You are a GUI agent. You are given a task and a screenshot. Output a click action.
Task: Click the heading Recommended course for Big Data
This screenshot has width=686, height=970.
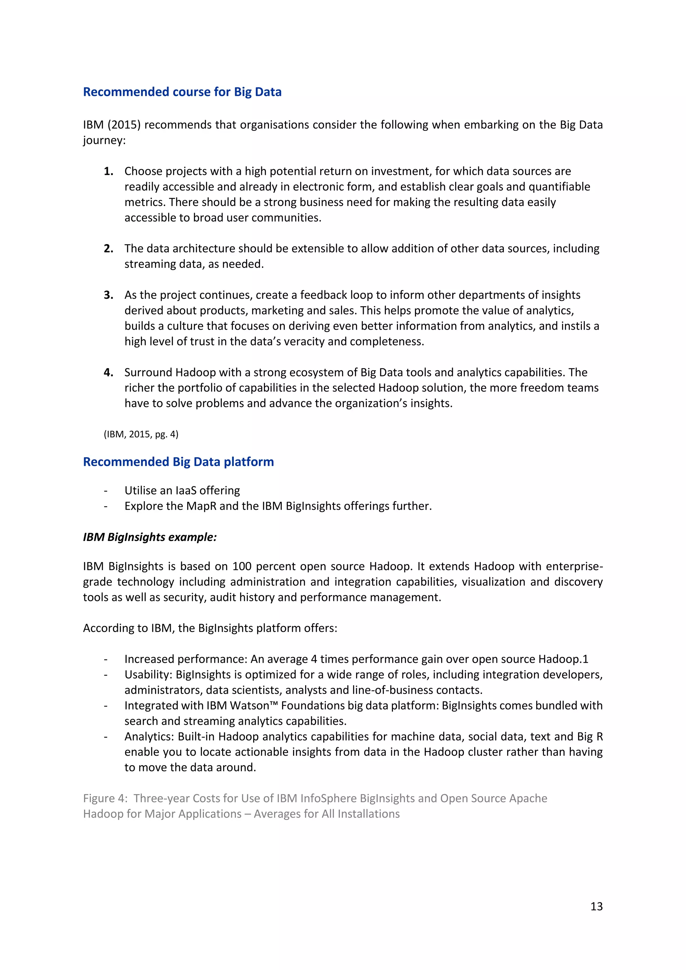182,92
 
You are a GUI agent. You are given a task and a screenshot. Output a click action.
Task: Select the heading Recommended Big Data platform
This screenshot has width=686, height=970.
178,462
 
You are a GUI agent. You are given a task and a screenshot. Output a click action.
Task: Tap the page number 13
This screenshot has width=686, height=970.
596,906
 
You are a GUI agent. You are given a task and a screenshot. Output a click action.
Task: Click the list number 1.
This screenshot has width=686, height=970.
108,171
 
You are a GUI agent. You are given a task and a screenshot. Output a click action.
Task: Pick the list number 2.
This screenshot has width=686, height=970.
108,249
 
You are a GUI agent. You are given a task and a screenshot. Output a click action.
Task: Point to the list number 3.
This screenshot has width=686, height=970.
108,295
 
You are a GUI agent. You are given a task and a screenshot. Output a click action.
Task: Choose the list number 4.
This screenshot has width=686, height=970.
108,372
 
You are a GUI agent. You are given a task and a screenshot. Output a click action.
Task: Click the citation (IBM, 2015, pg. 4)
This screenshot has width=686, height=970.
141,434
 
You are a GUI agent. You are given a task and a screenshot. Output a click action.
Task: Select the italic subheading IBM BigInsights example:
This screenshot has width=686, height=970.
149,537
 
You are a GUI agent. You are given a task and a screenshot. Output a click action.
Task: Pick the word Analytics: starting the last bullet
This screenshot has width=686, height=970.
149,736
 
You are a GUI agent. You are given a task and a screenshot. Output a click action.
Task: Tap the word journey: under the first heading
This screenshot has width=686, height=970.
104,140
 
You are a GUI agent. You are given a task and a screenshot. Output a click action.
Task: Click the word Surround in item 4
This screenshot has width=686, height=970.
148,372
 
